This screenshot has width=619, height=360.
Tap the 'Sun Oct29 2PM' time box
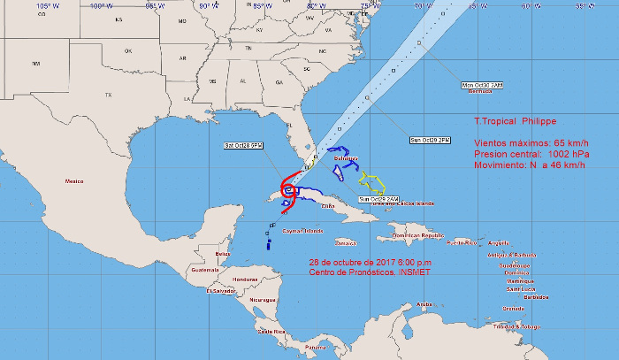(x=430, y=140)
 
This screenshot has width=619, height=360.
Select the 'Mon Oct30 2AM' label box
(x=482, y=85)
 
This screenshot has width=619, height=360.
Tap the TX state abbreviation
(x=109, y=95)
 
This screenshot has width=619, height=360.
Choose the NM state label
(x=36, y=64)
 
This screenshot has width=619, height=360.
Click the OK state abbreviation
(x=128, y=51)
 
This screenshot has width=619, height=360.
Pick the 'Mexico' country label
(x=73, y=180)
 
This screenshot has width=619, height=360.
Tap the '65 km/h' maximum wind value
(x=568, y=142)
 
